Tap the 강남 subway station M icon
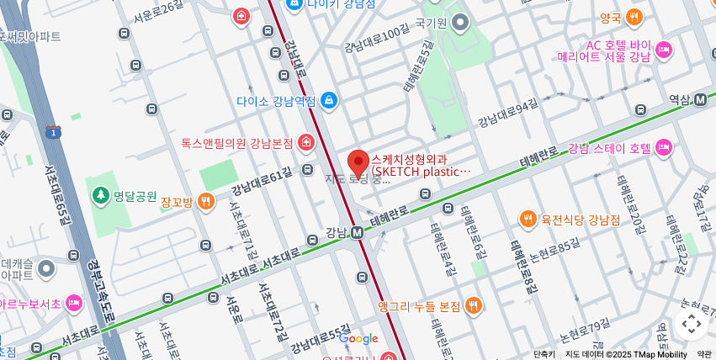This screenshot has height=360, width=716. pos(357,232)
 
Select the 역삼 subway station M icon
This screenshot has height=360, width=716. pos(700,99)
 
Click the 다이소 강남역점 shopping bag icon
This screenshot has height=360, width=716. pos(328,102)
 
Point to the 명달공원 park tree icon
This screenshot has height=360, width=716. pos(100,196)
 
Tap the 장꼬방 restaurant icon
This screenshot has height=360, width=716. pos(205,202)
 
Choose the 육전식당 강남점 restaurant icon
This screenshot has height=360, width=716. pos(528,220)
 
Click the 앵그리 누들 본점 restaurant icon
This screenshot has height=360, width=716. pos(475,306)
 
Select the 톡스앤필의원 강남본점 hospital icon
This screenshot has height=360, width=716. pos(305,143)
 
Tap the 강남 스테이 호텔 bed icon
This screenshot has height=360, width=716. pos(664,148)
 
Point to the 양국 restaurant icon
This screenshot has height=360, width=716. pos(634,17)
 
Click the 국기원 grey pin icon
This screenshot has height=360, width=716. pos(459,23)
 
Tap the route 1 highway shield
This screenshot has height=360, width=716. pos(54,132)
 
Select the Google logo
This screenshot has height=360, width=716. pos(358,339)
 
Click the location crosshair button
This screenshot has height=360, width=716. pos(691,323)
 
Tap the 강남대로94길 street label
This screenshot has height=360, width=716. pos(507,114)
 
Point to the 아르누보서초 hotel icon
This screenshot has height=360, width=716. pos(74,303)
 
